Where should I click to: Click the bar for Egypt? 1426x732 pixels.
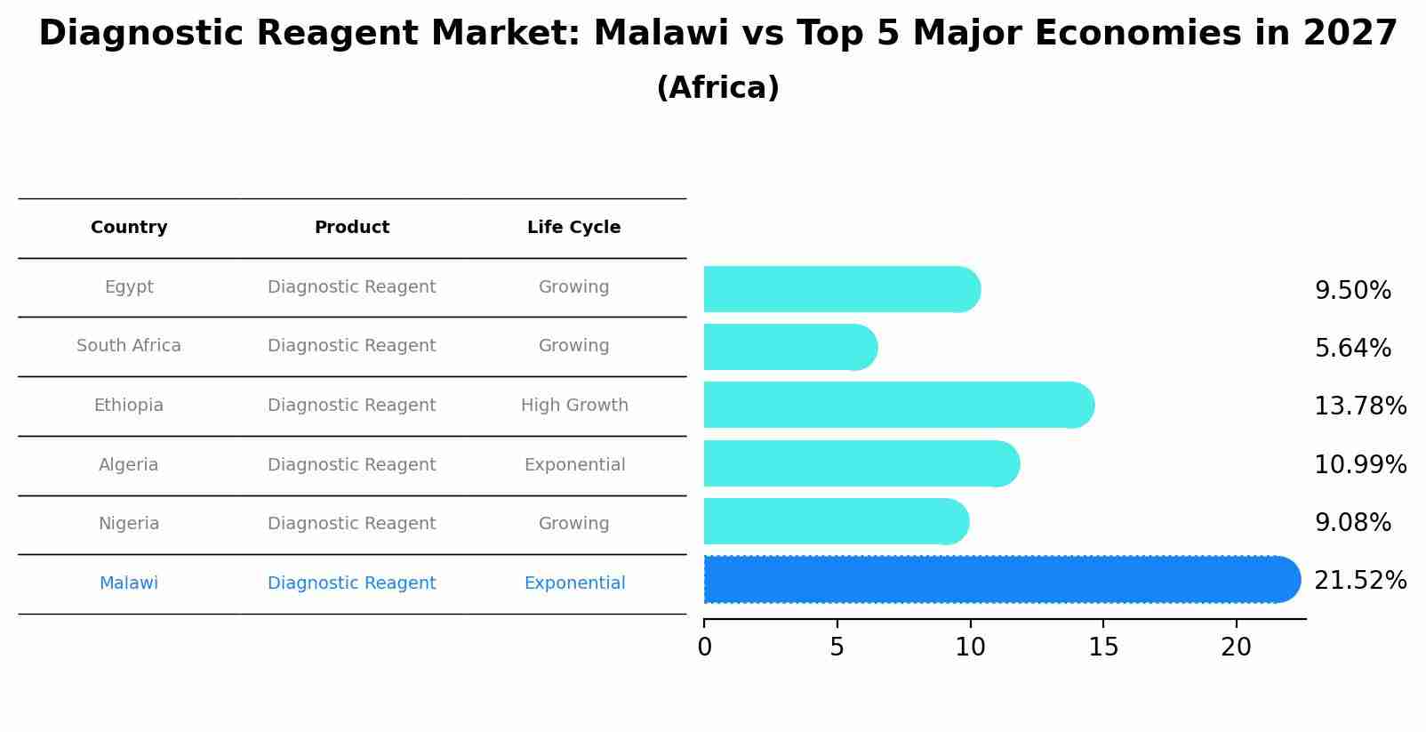tap(841, 289)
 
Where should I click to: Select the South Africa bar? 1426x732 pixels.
tap(789, 347)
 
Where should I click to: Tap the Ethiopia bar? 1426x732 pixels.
tap(898, 405)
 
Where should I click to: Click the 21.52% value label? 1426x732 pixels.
tap(1359, 581)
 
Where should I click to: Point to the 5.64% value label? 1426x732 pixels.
tap(1352, 349)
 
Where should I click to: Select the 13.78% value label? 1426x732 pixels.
tap(1359, 406)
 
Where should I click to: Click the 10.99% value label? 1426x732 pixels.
tap(1359, 465)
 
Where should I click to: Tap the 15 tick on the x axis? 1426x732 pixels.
tap(1103, 648)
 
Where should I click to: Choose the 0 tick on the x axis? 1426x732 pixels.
tap(704, 648)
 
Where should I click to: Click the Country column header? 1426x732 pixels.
tap(129, 228)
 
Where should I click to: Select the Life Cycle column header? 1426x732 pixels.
tap(573, 228)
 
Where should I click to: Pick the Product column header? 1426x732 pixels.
tap(352, 228)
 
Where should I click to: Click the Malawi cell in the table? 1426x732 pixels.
tap(129, 583)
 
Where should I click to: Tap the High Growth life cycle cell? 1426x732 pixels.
tap(574, 406)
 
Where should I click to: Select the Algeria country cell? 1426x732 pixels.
tap(129, 465)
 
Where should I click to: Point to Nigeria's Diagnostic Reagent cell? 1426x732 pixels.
tap(352, 524)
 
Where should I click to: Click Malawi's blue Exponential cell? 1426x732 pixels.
tap(574, 583)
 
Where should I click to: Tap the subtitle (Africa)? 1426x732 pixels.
tap(717, 88)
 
